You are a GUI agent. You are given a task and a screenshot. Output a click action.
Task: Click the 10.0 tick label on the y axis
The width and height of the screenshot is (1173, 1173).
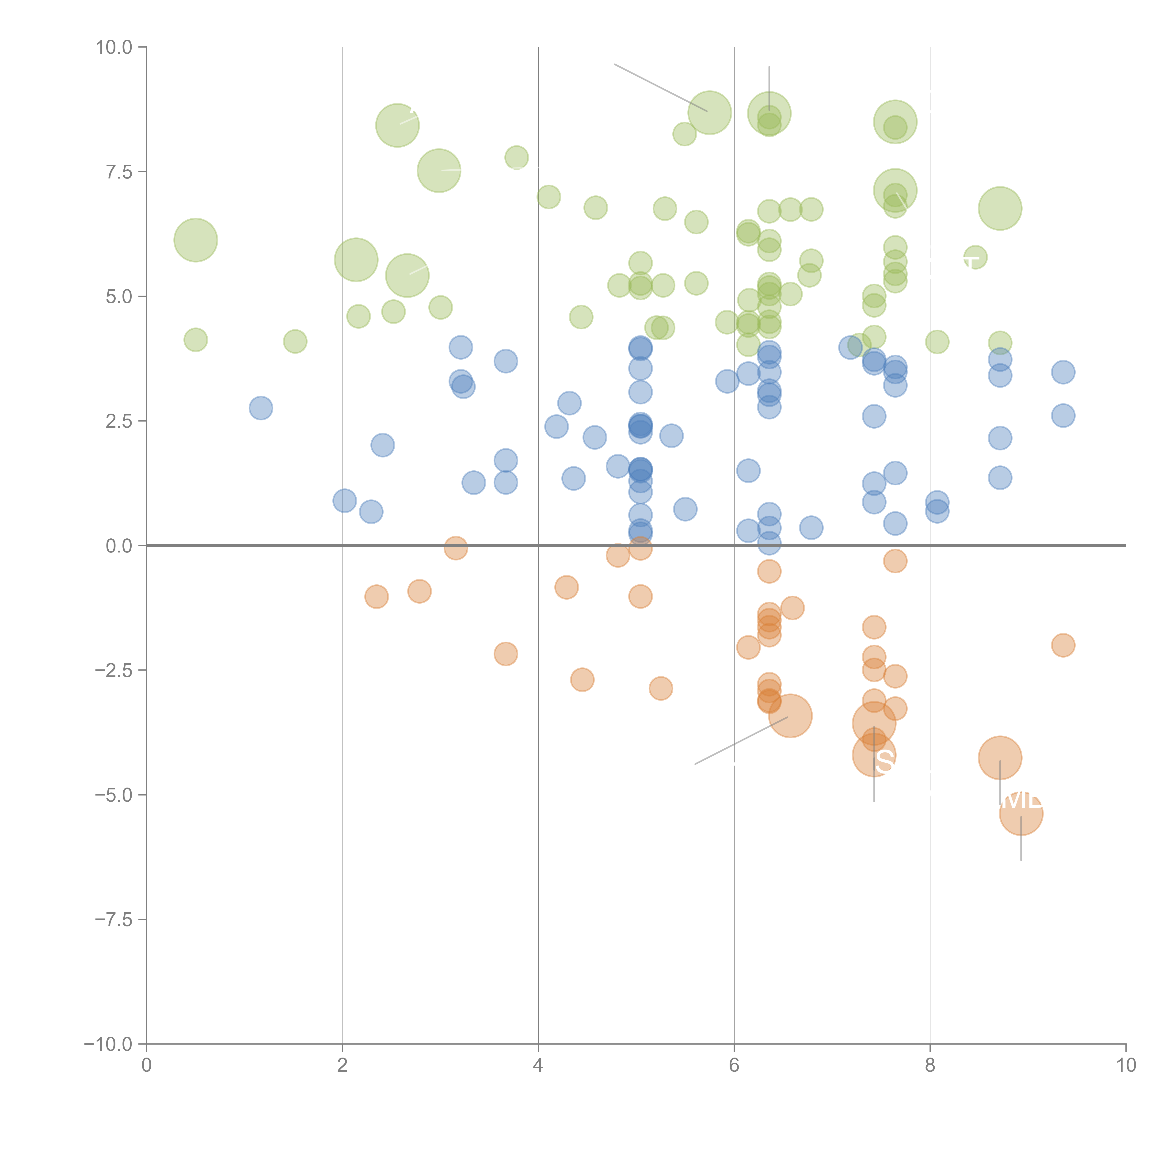point(114,47)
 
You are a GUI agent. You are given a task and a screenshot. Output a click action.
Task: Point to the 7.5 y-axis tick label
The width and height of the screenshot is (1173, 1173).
point(119,172)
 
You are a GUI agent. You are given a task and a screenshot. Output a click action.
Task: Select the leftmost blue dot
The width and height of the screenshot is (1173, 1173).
point(260,408)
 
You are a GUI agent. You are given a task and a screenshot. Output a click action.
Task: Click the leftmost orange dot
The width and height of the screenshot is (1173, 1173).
point(377,597)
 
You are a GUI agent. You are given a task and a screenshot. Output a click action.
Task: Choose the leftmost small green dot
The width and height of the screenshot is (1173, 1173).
point(195,340)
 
